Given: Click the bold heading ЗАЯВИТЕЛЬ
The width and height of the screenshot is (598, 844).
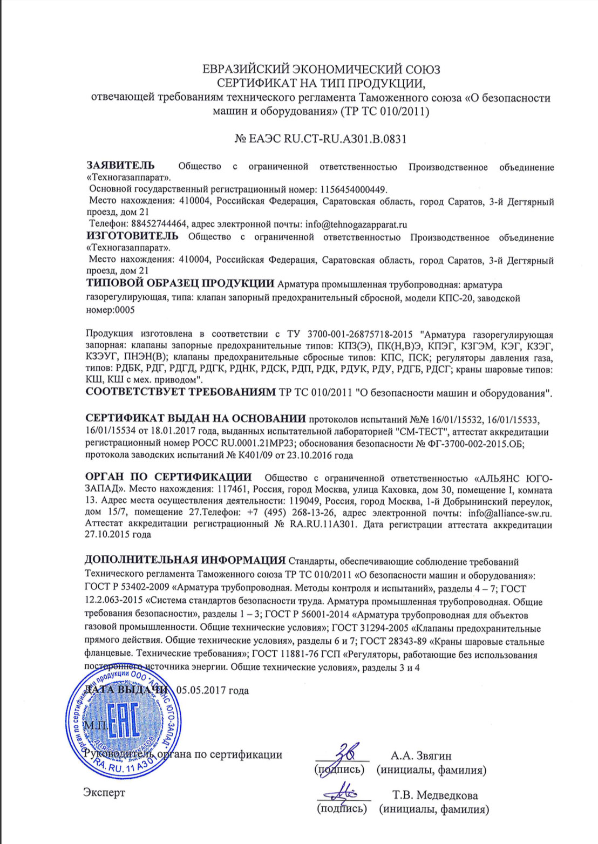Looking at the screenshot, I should click(120, 166).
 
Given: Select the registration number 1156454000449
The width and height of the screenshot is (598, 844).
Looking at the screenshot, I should click(354, 189).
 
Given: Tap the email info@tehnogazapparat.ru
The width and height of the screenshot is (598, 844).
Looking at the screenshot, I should click(356, 224).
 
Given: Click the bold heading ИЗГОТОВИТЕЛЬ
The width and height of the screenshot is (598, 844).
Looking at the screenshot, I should click(132, 236).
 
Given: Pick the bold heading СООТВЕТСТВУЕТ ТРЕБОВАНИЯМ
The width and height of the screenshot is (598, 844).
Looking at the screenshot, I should click(181, 392).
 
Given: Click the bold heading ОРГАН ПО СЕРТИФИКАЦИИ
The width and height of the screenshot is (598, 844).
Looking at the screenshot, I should click(168, 477).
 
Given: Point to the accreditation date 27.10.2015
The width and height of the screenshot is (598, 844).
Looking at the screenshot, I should click(108, 535).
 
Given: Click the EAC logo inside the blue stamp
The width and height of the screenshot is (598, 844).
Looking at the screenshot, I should click(124, 722).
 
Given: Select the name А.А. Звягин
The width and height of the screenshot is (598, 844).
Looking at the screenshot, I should click(421, 755).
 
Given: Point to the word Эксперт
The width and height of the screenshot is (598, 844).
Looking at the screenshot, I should click(104, 793).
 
